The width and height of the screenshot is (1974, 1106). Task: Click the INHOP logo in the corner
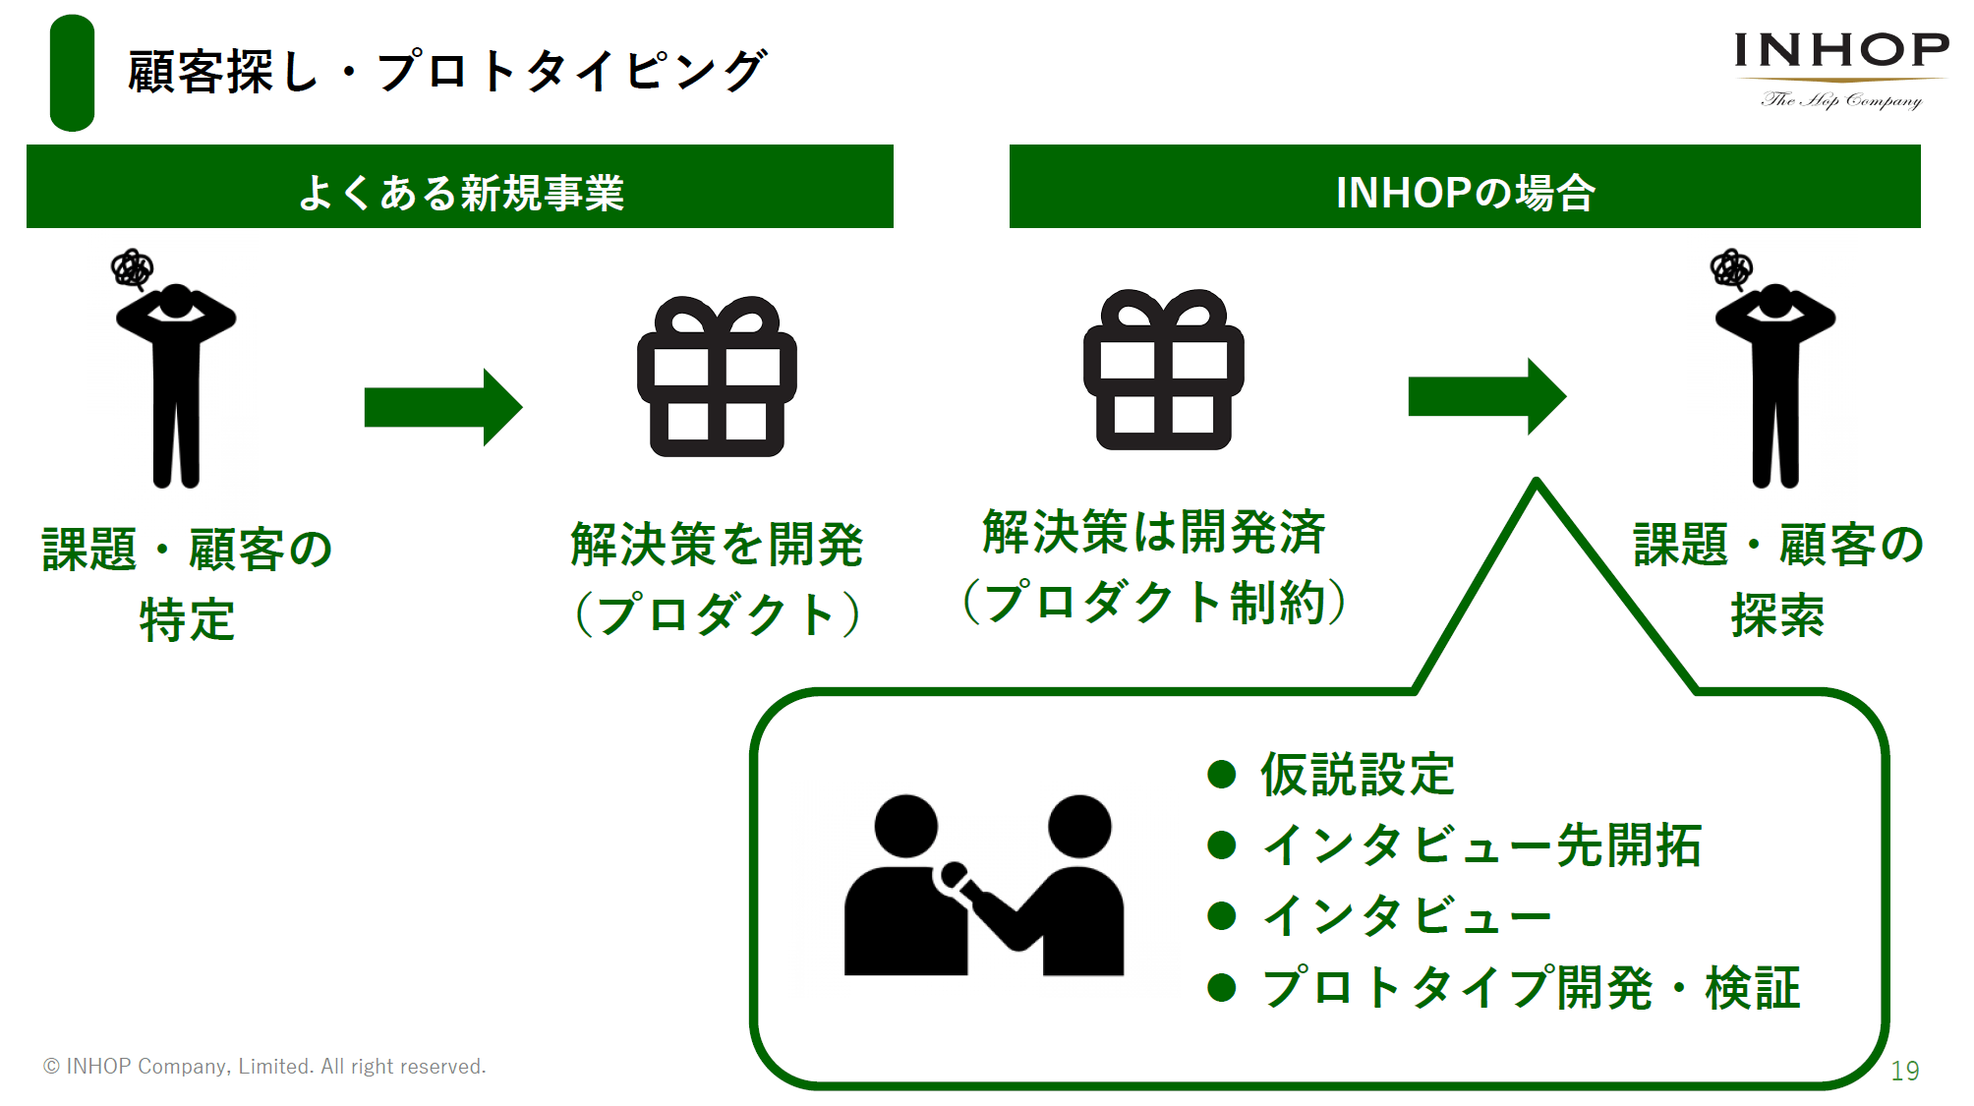(1841, 70)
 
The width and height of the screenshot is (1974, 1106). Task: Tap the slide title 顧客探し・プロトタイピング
(447, 72)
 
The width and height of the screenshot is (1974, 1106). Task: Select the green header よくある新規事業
(460, 187)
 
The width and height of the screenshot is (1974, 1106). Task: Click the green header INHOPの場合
(1465, 187)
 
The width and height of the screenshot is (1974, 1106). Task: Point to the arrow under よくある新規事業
(443, 407)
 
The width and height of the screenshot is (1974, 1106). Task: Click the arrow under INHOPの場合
(1487, 396)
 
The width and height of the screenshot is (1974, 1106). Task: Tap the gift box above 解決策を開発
(717, 377)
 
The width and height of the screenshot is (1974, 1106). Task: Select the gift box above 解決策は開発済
(1164, 370)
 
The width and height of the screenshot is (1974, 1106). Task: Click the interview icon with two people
(983, 885)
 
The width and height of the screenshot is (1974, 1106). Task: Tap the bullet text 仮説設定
(1358, 775)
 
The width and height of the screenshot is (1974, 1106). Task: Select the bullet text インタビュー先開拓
(1481, 845)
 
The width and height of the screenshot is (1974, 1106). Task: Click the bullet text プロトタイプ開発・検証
(1531, 988)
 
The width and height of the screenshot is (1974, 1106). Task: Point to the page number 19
(1905, 1071)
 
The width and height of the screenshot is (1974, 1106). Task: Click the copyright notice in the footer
(264, 1067)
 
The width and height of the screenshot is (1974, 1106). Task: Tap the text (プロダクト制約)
(1154, 602)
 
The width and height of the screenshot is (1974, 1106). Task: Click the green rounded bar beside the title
(72, 73)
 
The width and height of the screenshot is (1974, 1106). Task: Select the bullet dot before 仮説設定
(1222, 775)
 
